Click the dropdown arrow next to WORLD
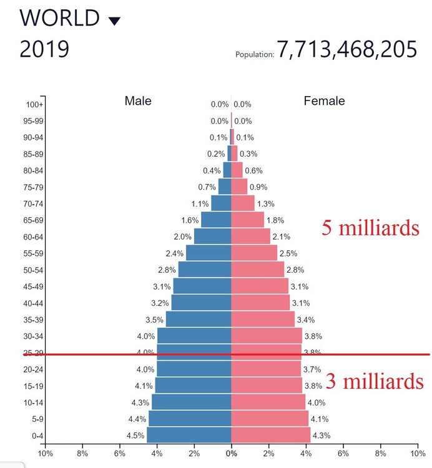point(114,21)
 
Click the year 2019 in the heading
point(44,50)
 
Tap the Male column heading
point(138,101)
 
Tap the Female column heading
point(324,101)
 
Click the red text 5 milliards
point(370,228)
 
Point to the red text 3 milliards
point(375,381)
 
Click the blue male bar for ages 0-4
point(189,435)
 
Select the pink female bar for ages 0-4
point(270,435)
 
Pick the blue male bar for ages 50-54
point(205,269)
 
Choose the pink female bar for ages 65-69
point(247,220)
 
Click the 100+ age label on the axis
point(36,105)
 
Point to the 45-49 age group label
point(34,286)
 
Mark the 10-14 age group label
point(34,402)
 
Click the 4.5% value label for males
point(135,435)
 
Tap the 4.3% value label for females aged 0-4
point(321,435)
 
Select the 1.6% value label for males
point(190,220)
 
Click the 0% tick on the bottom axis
point(231,454)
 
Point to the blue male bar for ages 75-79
point(225,187)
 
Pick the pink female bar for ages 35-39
point(263,319)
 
